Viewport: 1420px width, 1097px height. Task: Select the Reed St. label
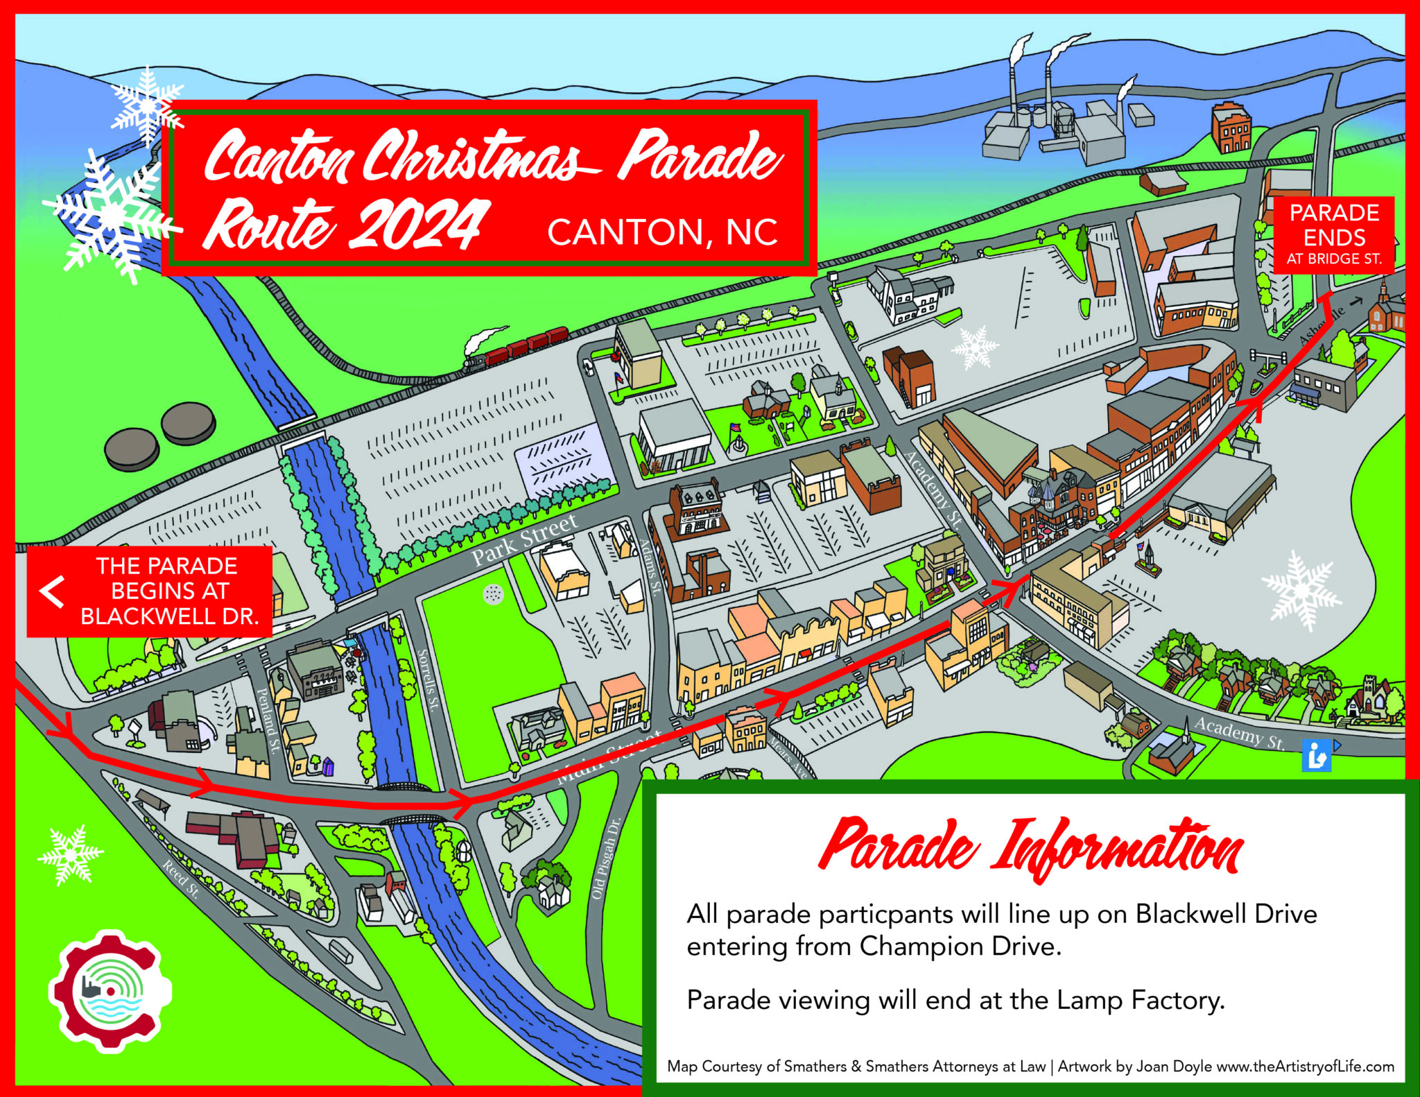(x=181, y=879)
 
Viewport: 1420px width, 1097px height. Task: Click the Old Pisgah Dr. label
(x=605, y=859)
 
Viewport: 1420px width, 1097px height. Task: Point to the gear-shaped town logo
(x=110, y=990)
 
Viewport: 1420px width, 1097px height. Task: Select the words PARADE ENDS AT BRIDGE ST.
(x=1334, y=234)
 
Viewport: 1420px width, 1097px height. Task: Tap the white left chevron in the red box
(x=52, y=591)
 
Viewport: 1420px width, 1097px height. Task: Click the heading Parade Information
(x=1030, y=848)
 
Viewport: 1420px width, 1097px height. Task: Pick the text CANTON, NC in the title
(x=662, y=232)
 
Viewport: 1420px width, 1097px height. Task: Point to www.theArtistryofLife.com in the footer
(x=1305, y=1066)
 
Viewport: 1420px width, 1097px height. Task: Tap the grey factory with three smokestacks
(x=1054, y=125)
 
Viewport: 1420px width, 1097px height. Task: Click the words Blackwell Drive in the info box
(x=1226, y=914)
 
